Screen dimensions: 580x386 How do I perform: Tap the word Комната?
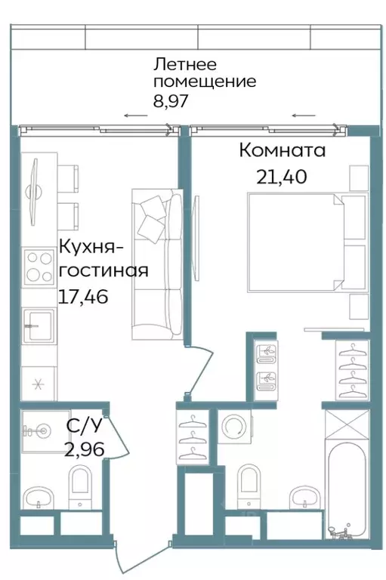[283, 150]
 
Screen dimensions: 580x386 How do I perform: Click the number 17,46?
[83, 295]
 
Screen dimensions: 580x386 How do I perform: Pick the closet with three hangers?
[194, 436]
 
